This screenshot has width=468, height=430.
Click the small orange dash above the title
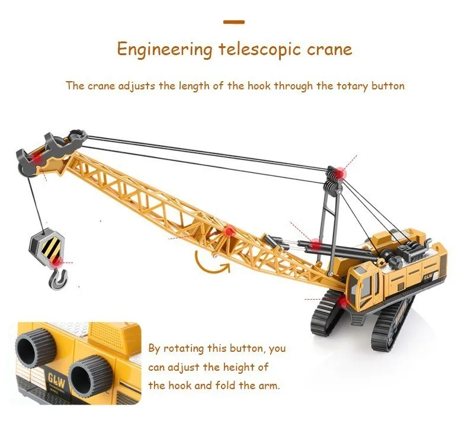click(234, 23)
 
